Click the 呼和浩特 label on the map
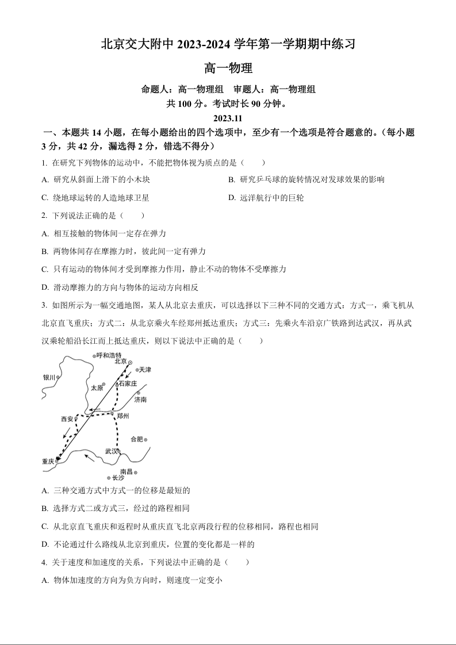coord(109,355)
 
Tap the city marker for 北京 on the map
coord(130,363)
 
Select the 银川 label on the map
coord(49,378)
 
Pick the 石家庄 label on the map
coord(128,383)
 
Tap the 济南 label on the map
coord(140,399)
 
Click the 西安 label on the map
coord(67,419)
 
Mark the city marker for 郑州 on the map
coord(113,413)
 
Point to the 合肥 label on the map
coord(137,439)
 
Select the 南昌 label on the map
coord(127,471)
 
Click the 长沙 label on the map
coord(118,478)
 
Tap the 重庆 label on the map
coord(48,461)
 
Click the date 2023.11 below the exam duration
coord(228,118)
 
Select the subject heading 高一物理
coord(228,68)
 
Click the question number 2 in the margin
coord(44,216)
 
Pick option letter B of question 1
coord(231,180)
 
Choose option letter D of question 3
coord(45,544)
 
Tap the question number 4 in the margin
coord(44,562)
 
